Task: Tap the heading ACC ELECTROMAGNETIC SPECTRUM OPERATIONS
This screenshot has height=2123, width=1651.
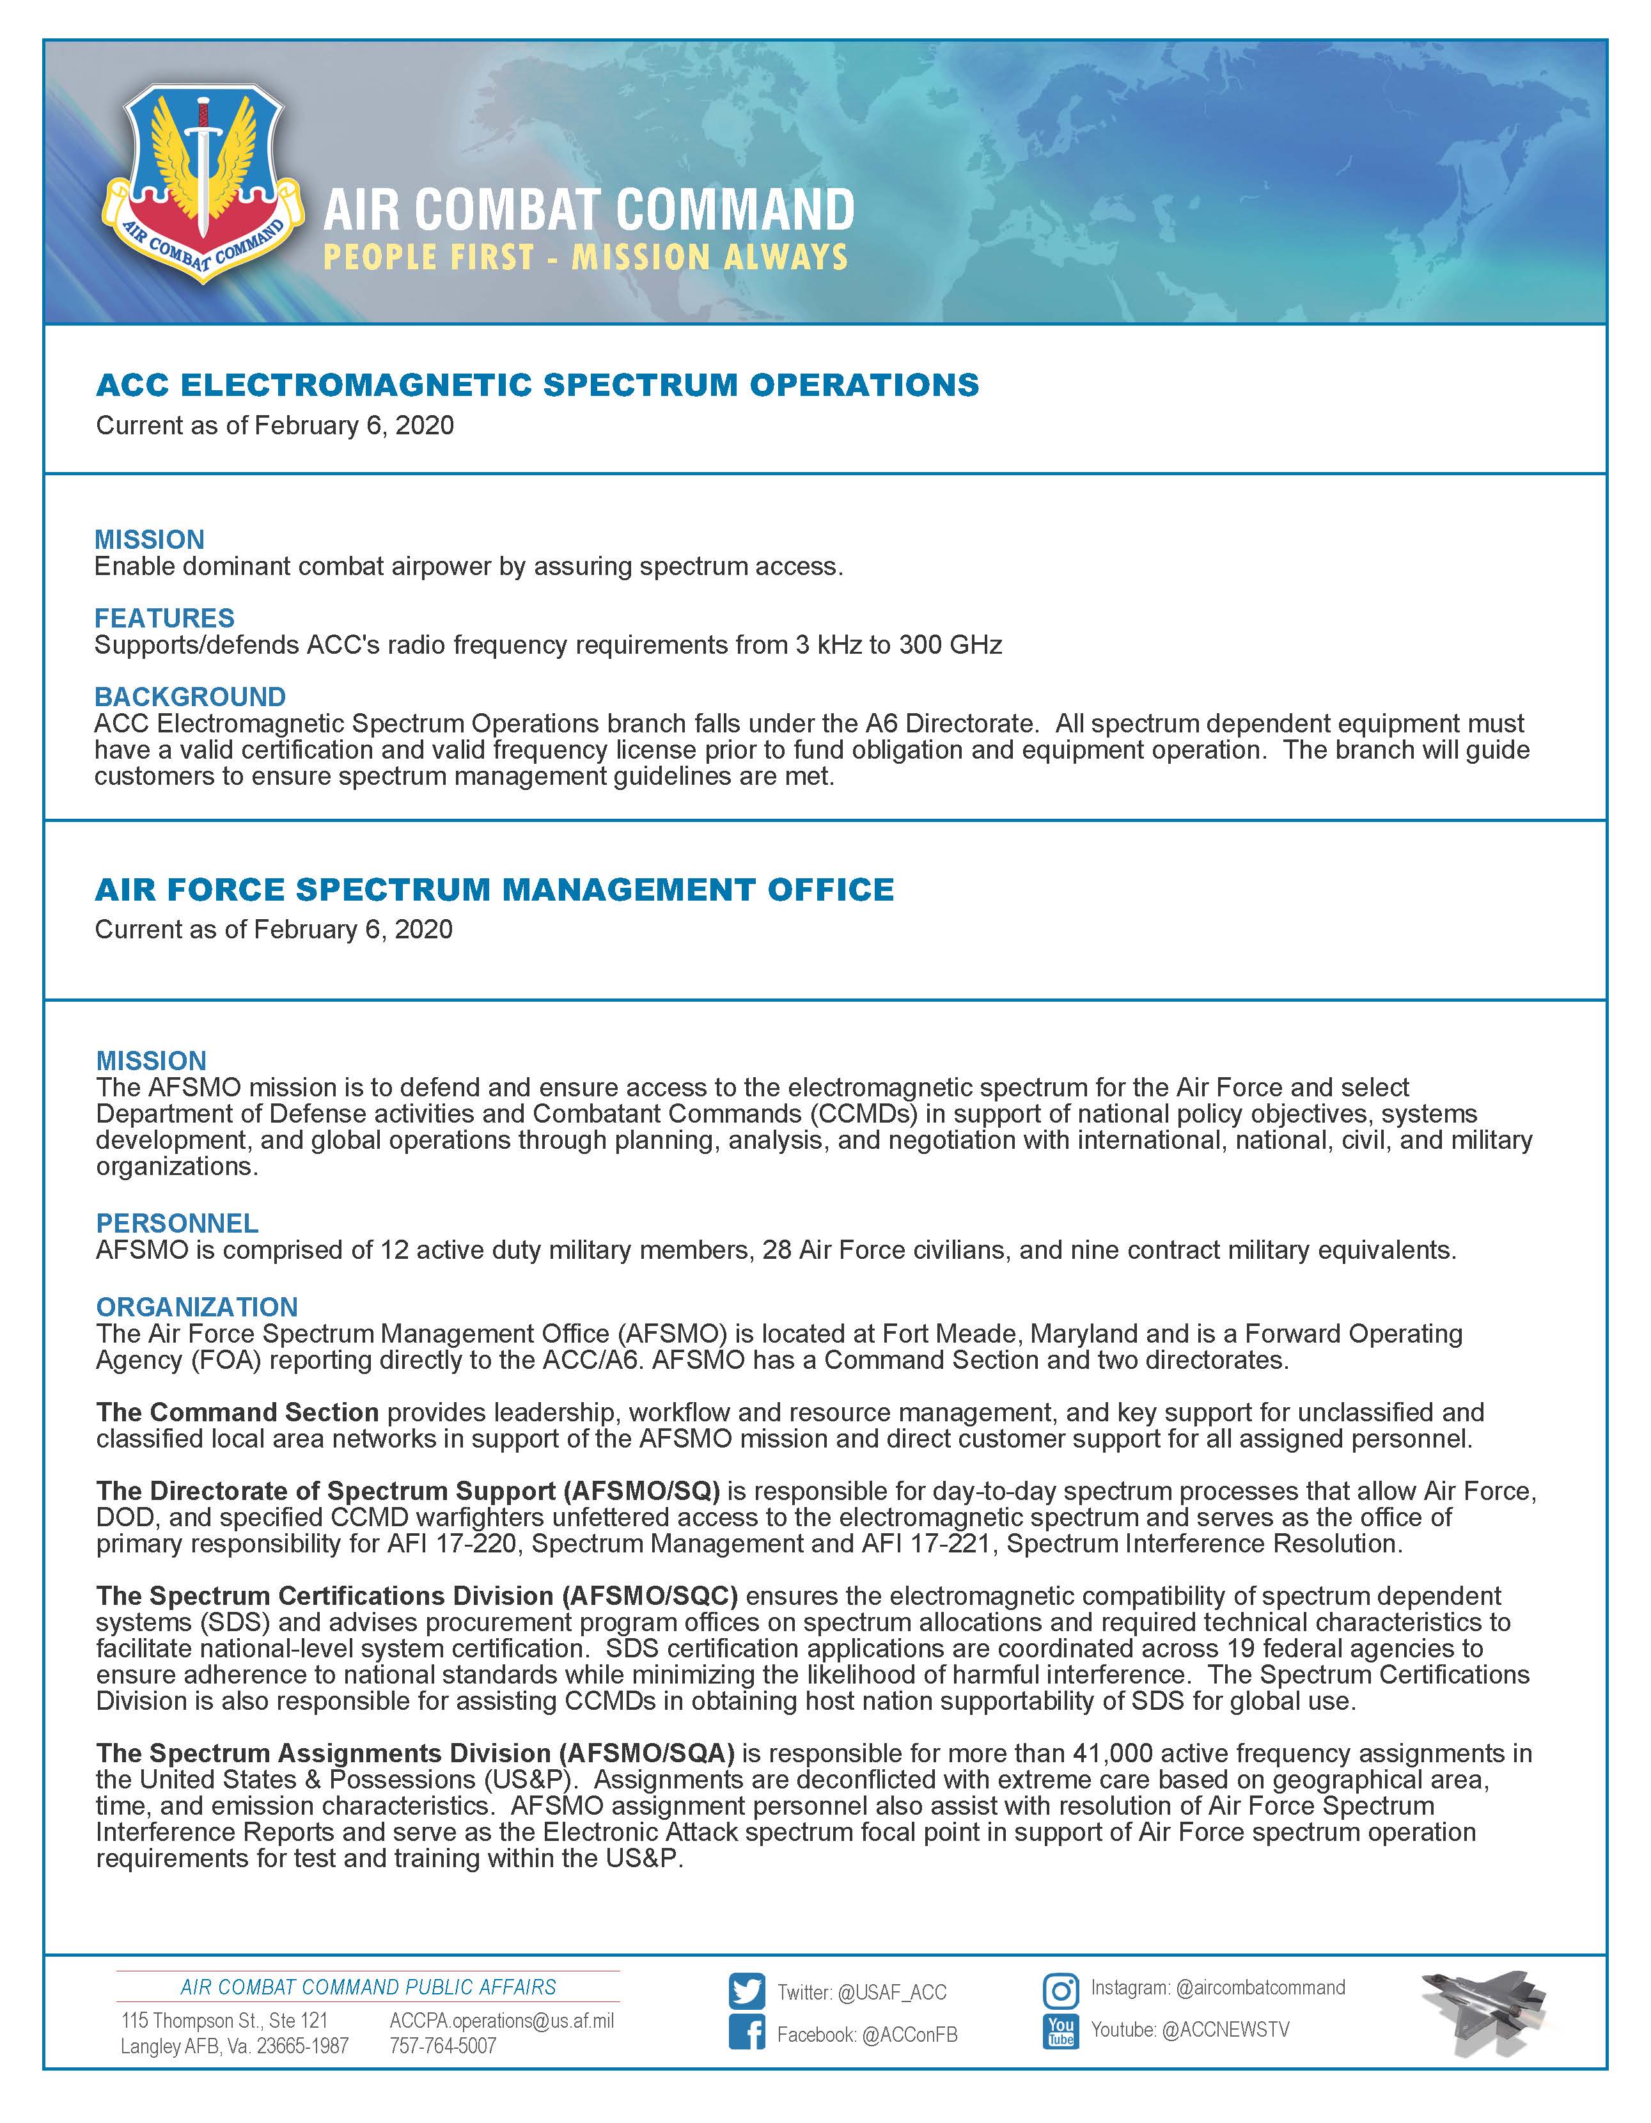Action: point(537,385)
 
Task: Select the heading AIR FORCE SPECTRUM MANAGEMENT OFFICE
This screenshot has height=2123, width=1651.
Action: point(495,890)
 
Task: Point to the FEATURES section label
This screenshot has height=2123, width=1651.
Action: point(164,619)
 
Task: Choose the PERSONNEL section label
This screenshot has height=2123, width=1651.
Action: point(177,1223)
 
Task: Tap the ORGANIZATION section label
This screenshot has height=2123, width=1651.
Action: point(196,1306)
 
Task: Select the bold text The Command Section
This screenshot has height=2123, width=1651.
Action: point(237,1412)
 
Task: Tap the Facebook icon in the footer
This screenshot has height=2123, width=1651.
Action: point(746,2033)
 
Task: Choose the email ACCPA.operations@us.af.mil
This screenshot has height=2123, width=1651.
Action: point(501,2021)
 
